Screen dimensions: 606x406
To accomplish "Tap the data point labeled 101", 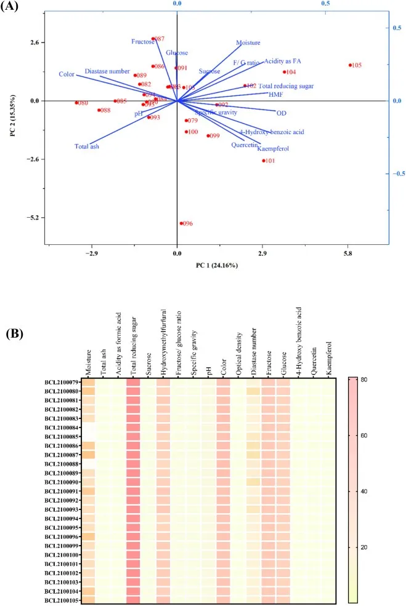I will pyautogui.click(x=264, y=161).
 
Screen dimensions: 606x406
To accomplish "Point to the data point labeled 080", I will pyautogui.click(x=76, y=103).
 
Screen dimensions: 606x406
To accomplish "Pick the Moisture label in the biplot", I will pyautogui.click(x=248, y=43).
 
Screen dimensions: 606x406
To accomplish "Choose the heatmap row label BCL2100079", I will pyautogui.click(x=61, y=381).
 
